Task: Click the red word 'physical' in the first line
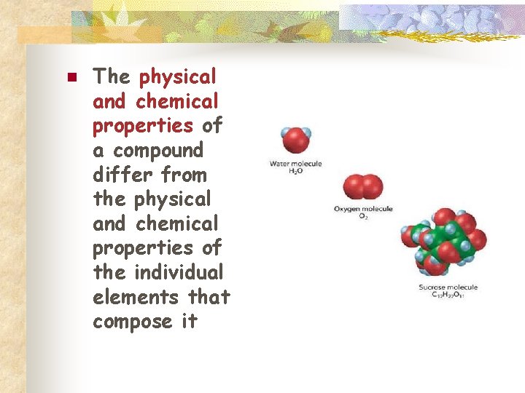click(178, 76)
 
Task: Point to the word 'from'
click(184, 175)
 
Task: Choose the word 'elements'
click(136, 297)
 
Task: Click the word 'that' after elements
click(209, 297)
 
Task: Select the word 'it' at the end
click(189, 321)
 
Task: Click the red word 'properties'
click(142, 125)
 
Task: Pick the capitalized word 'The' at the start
click(111, 76)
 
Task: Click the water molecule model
click(295, 140)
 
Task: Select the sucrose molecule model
click(443, 241)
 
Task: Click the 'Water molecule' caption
click(295, 164)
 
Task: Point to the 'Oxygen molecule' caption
click(363, 209)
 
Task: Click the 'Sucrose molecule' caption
click(448, 287)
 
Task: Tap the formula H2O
click(295, 171)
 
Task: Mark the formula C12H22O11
click(448, 295)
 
